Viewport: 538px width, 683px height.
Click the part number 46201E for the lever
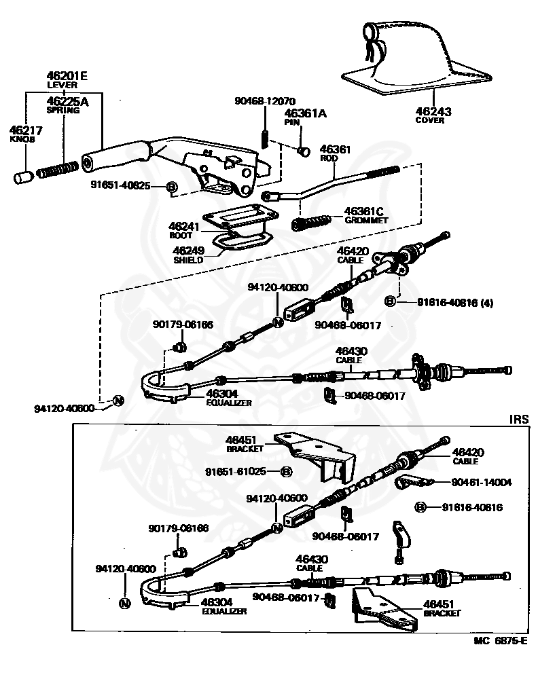pos(67,76)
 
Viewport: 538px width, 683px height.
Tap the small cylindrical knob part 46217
pos(23,177)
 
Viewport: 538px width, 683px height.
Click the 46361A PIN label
pos(305,117)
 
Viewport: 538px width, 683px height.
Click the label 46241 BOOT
pos(182,229)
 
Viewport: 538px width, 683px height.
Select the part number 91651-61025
pos(240,471)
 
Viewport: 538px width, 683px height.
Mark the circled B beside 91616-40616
pos(420,507)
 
